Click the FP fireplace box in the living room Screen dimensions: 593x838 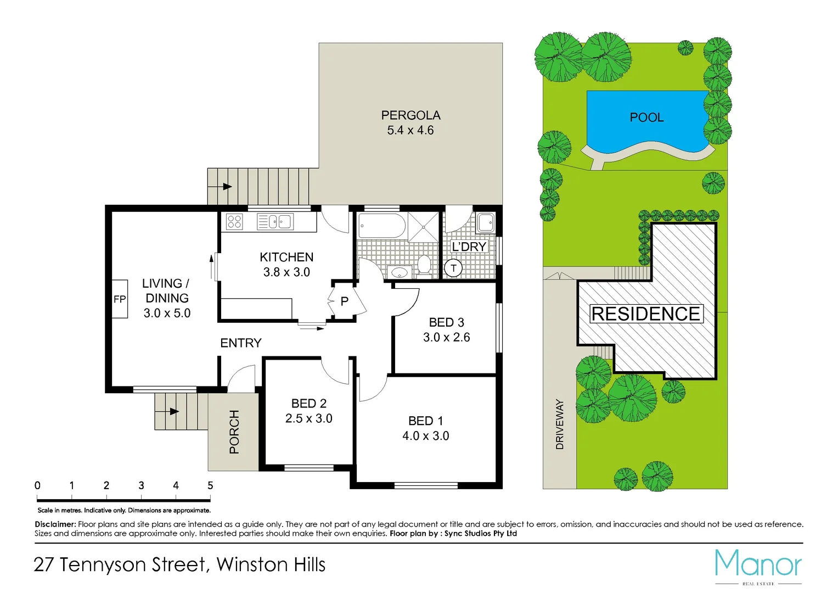coord(120,299)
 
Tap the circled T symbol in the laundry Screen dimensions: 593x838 coord(453,268)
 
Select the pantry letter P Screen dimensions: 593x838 coord(345,301)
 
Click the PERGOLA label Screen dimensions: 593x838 coord(410,115)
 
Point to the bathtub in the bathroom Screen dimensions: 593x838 coord(381,226)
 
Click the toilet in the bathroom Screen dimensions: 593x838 coord(424,265)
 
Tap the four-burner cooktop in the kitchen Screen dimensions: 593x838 coord(234,222)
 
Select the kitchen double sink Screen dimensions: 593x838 coord(275,222)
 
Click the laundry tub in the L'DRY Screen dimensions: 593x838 coord(486,223)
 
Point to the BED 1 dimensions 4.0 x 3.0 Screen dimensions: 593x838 coord(425,436)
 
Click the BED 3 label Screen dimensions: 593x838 coord(446,322)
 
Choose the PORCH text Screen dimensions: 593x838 coord(234,432)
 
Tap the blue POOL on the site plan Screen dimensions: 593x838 coord(646,118)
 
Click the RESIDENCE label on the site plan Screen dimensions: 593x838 coord(646,314)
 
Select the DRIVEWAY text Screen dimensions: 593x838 coord(560,424)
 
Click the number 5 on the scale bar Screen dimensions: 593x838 coord(210,485)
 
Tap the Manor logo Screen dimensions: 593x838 coord(758,564)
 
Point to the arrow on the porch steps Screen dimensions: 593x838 coord(175,411)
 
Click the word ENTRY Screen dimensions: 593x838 coord(240,343)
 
